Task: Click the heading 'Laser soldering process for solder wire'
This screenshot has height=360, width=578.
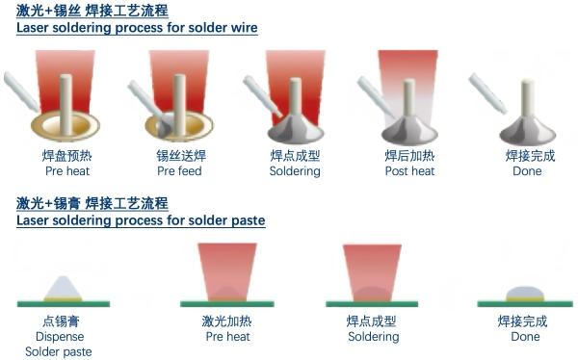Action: [137, 28]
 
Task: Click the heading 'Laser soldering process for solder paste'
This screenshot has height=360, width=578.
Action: [141, 220]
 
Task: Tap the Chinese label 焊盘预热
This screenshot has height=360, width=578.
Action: [66, 155]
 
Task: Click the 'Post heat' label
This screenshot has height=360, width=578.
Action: [409, 171]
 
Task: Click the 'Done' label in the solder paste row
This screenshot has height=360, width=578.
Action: [525, 338]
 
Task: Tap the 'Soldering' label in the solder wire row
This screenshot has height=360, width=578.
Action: [295, 171]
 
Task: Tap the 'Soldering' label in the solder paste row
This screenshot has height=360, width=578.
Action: [373, 338]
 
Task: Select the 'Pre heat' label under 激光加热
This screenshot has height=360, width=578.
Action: [227, 338]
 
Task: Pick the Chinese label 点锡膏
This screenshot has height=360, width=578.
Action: [60, 321]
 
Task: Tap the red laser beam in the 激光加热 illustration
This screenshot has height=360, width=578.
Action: [226, 265]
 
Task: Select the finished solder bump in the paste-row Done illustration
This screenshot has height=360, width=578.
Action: [525, 293]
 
